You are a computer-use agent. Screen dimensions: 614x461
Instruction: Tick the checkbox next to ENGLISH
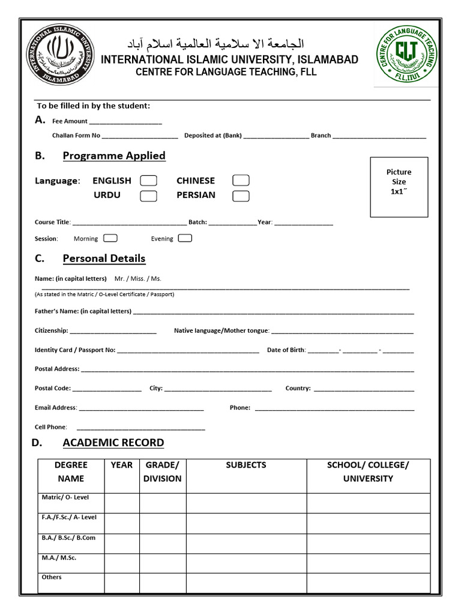(148, 180)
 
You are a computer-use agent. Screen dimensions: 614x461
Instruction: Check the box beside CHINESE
(241, 180)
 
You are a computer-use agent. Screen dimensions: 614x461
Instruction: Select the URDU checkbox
(148, 195)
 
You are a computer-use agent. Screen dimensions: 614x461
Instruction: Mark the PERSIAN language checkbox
(241, 195)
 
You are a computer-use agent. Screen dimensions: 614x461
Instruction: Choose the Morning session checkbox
(110, 238)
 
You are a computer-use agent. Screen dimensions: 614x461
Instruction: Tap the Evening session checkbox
(185, 238)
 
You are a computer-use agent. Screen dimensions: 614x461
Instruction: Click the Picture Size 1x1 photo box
(399, 186)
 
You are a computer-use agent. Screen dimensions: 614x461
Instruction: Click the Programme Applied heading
(114, 156)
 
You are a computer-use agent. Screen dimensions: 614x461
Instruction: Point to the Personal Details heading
(104, 259)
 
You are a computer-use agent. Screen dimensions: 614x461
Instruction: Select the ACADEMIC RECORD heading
(113, 443)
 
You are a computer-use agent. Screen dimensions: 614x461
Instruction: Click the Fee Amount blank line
(125, 122)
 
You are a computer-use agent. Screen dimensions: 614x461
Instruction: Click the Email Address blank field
(141, 408)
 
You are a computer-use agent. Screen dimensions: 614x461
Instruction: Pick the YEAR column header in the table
(121, 465)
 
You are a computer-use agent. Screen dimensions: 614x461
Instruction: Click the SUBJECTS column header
(246, 465)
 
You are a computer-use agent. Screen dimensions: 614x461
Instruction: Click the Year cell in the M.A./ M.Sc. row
(122, 563)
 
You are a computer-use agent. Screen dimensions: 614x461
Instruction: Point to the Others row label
(52, 577)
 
